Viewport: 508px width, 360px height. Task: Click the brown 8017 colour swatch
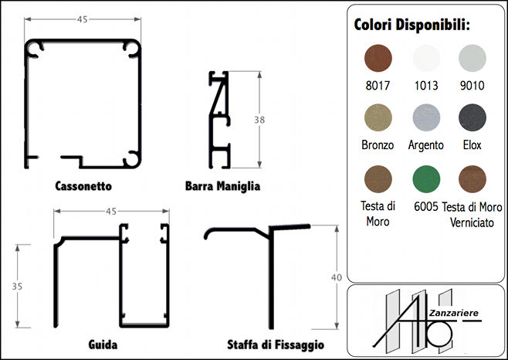click(x=378, y=59)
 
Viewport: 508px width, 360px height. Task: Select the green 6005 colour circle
click(x=426, y=179)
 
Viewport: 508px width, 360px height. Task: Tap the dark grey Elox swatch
click(x=472, y=117)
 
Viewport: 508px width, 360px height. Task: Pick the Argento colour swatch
click(x=426, y=117)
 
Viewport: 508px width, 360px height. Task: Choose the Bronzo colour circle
click(x=378, y=117)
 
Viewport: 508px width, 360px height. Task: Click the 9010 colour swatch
click(x=472, y=59)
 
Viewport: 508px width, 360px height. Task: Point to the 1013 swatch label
click(x=426, y=86)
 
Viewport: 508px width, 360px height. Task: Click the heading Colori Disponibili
click(x=411, y=25)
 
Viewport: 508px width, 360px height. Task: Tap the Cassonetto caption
click(x=83, y=186)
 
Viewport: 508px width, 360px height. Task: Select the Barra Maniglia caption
click(x=222, y=186)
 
